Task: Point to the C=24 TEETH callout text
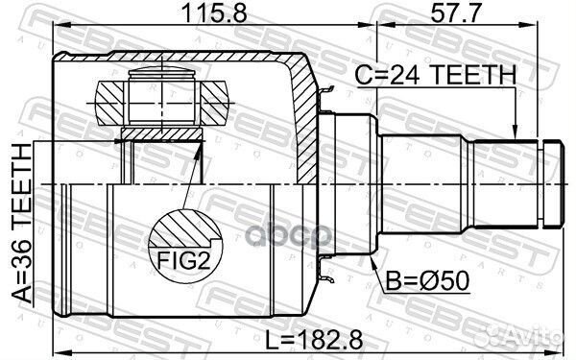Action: click(x=436, y=75)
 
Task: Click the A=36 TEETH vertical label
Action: click(x=22, y=224)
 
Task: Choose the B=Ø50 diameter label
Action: click(x=427, y=281)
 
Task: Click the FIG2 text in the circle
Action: click(x=183, y=260)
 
